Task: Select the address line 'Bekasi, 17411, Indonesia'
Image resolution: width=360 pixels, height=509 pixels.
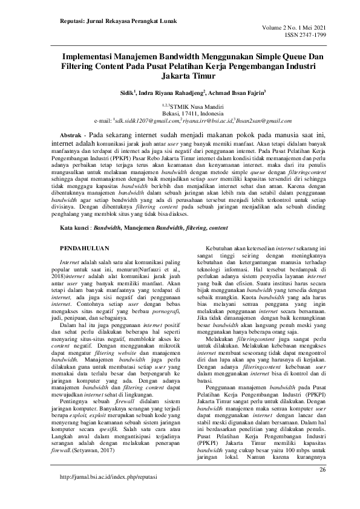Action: pos(180,113)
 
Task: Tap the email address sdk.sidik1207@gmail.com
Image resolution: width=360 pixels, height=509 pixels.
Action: pos(148,120)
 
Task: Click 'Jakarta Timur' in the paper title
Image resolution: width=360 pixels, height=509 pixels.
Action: pos(180,77)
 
